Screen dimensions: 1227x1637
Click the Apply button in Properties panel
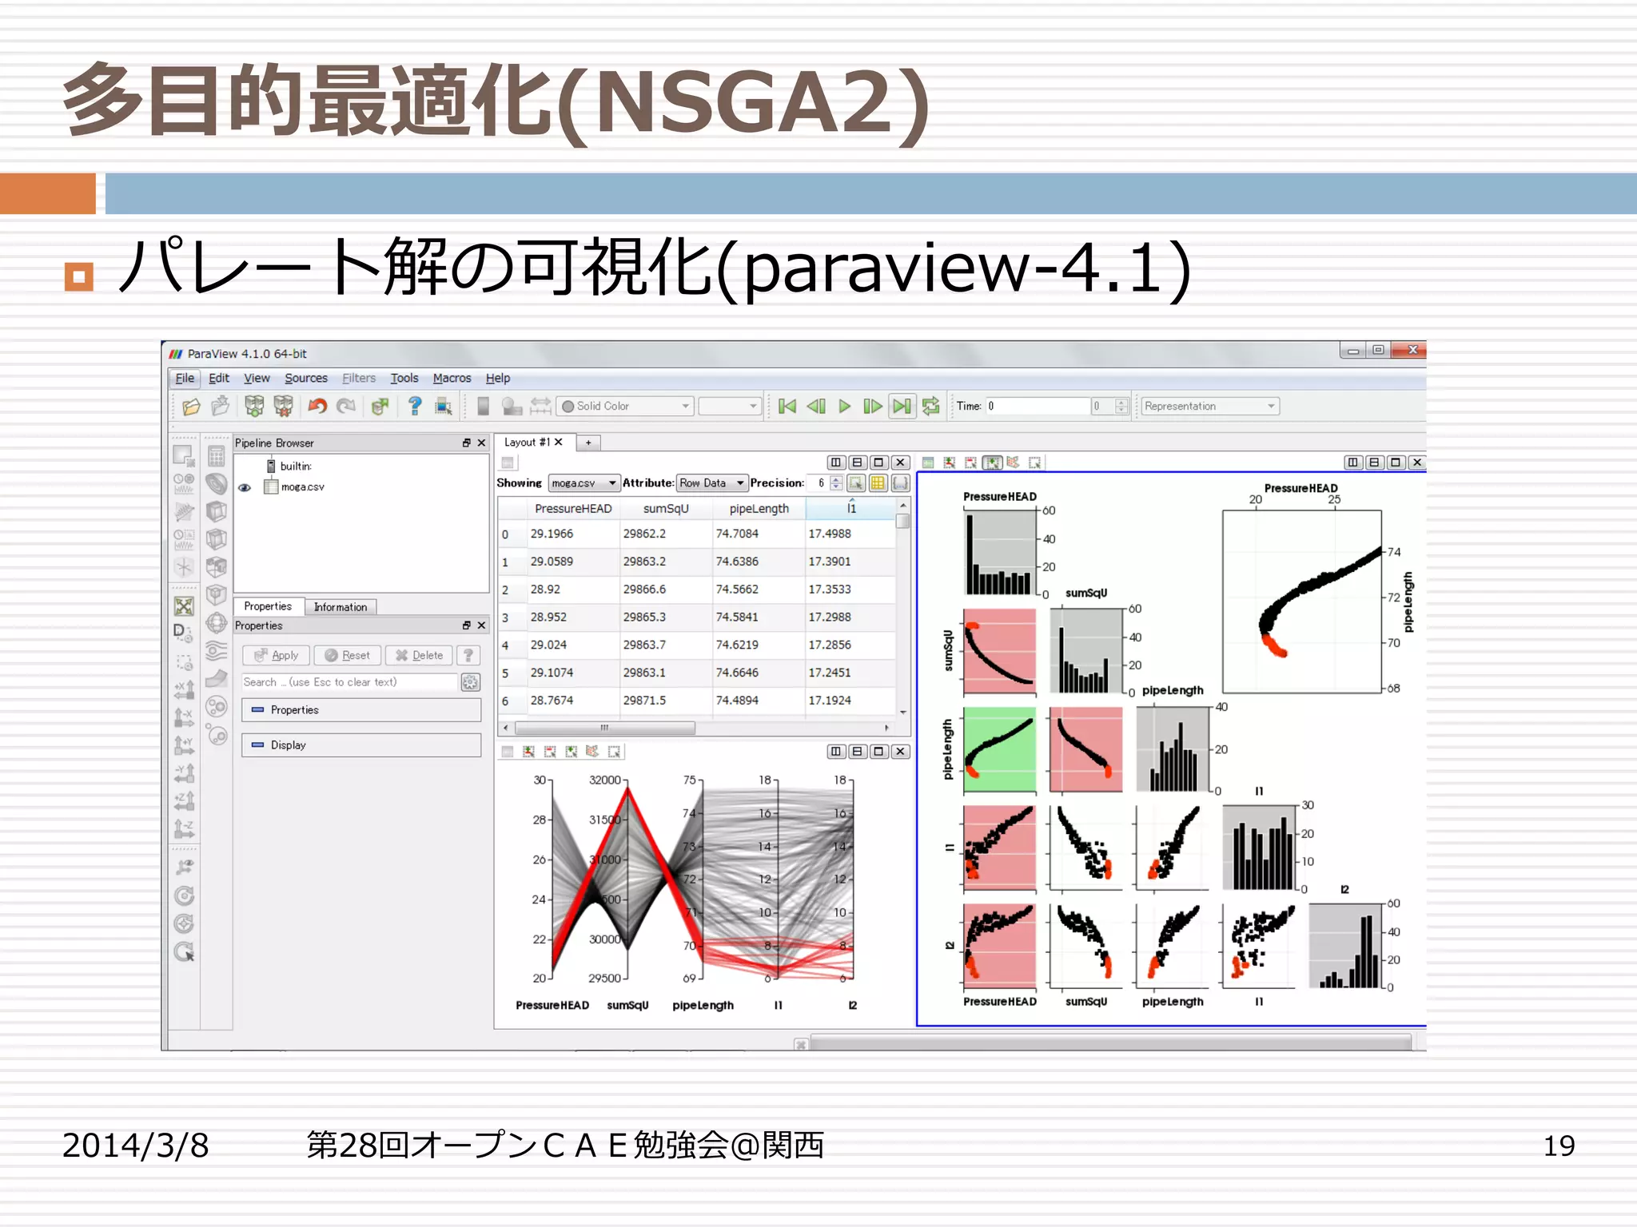(x=277, y=655)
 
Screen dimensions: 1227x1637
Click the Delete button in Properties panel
(x=419, y=655)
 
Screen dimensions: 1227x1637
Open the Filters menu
(x=358, y=378)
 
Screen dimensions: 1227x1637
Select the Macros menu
(x=452, y=378)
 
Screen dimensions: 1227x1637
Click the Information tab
(x=340, y=607)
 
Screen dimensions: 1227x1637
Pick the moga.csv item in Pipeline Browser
(x=302, y=486)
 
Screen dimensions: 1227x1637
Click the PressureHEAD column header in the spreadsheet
(x=572, y=508)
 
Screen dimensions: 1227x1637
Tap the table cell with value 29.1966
(x=552, y=534)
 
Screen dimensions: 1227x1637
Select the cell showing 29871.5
(x=644, y=701)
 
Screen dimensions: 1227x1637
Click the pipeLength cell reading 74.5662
(x=737, y=590)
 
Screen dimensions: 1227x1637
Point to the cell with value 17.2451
(x=829, y=673)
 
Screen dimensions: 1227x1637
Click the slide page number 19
(x=1558, y=1146)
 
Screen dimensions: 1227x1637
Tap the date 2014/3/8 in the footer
(x=135, y=1146)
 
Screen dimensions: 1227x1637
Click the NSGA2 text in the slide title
(x=743, y=102)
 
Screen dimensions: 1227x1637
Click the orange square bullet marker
(x=78, y=277)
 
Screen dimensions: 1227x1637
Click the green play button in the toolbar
(x=844, y=406)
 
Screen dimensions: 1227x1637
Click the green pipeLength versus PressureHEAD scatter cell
(x=999, y=749)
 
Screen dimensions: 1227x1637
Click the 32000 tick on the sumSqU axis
(x=605, y=780)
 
